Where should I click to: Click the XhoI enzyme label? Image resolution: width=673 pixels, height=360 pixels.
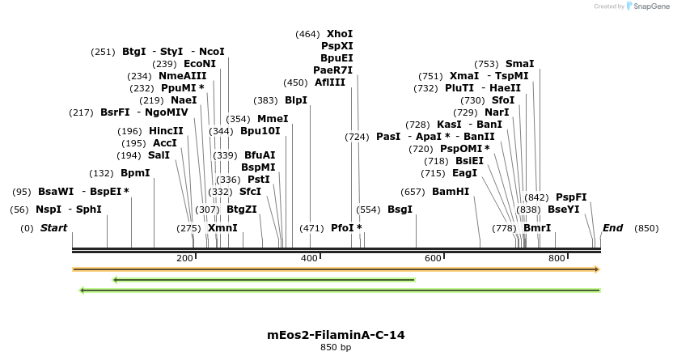(x=340, y=34)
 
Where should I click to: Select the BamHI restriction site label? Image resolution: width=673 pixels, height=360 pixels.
(x=451, y=192)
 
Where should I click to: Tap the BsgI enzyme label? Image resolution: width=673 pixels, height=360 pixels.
(x=400, y=210)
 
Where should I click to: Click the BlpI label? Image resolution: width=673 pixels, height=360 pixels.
(x=296, y=100)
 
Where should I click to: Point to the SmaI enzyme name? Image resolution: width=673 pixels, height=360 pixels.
(x=519, y=63)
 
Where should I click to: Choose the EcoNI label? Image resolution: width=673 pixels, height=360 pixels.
(x=200, y=64)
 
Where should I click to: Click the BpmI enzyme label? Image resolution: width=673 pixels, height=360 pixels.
(x=135, y=173)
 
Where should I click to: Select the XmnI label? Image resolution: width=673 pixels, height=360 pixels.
(x=222, y=228)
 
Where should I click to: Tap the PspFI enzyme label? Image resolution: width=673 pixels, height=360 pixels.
(x=571, y=197)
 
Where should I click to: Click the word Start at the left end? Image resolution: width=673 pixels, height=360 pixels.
(x=53, y=228)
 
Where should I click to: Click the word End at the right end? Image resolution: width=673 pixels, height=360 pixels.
(x=612, y=228)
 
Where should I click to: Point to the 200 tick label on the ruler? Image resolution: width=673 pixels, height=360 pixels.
(x=184, y=258)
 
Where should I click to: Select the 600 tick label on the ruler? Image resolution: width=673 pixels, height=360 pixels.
(x=433, y=258)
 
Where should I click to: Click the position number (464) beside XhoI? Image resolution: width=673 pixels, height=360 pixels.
(x=307, y=34)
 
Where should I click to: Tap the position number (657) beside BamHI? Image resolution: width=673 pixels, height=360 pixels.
(x=413, y=192)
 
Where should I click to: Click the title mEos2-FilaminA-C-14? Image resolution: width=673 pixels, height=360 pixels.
(x=336, y=334)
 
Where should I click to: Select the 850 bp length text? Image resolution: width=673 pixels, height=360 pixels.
(x=336, y=348)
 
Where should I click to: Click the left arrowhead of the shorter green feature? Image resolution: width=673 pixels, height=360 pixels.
(x=116, y=280)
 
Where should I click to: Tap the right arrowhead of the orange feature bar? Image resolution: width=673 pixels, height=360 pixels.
(x=597, y=269)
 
